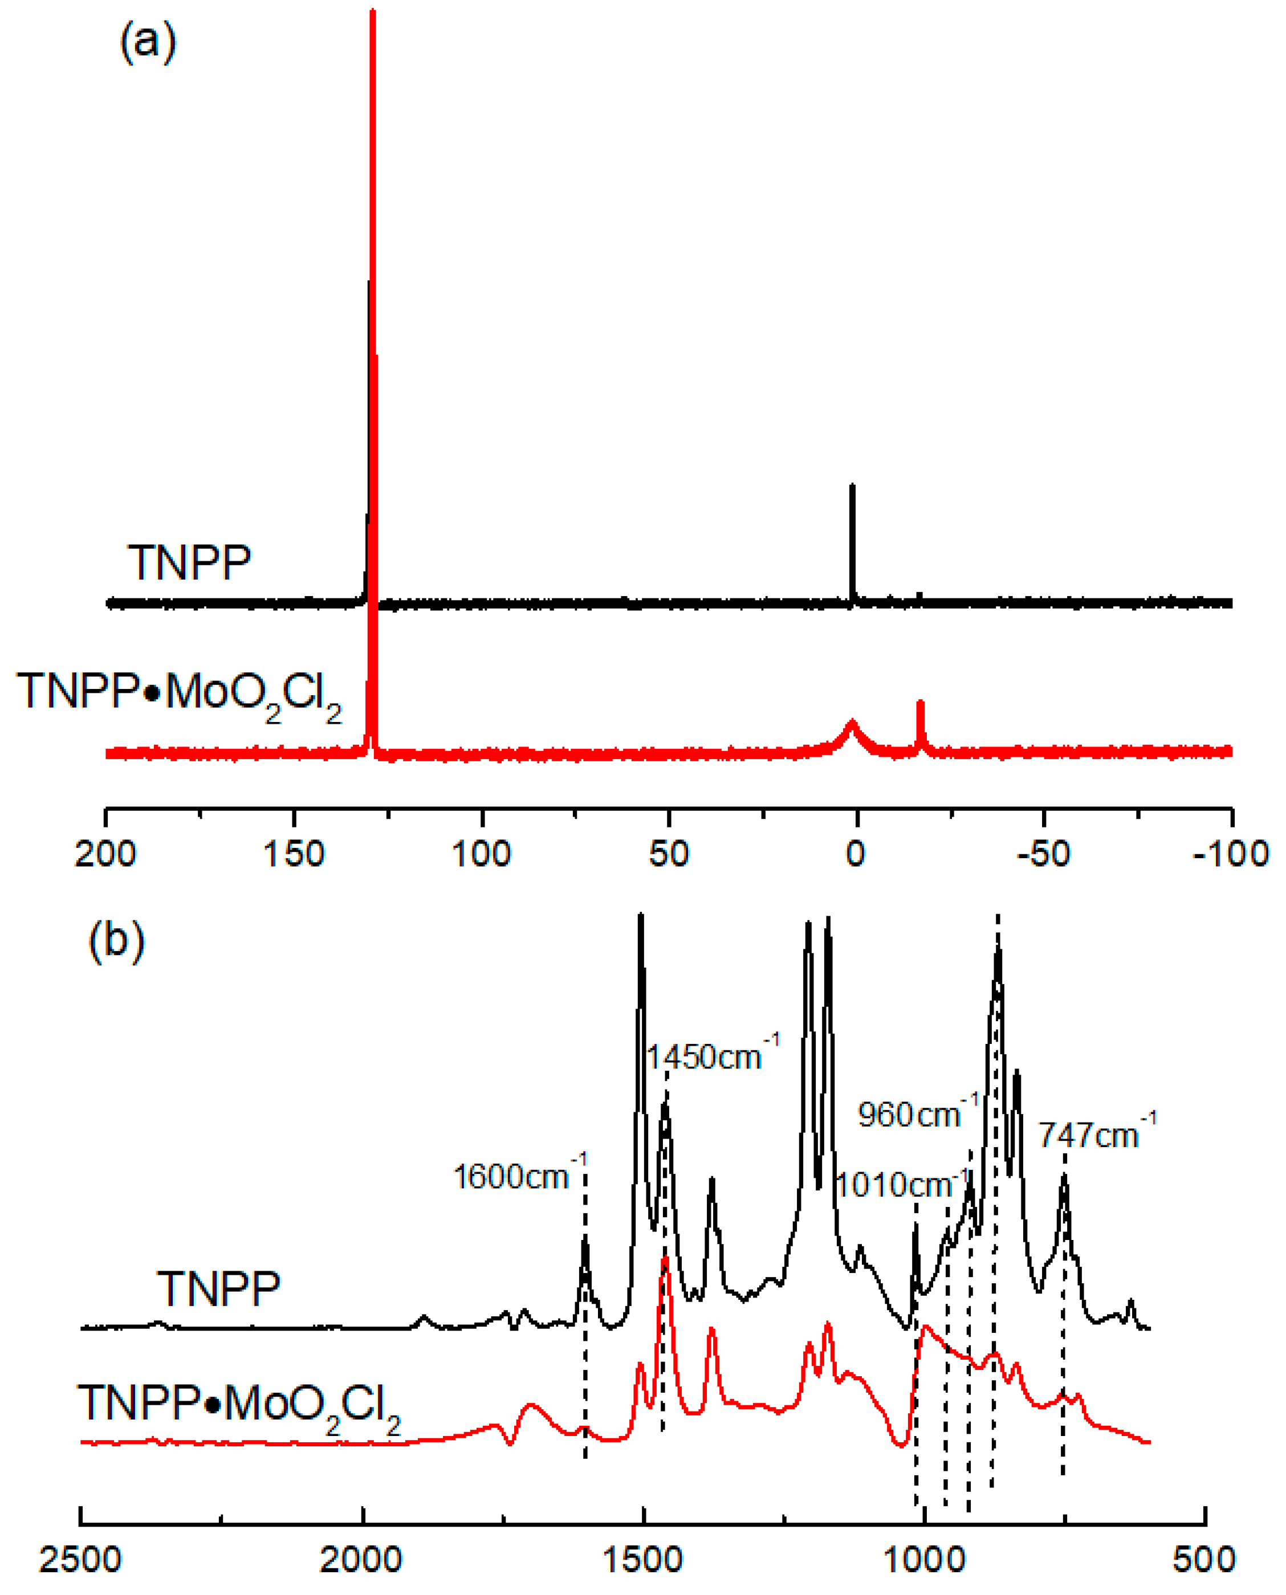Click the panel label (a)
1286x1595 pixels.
pyautogui.click(x=148, y=42)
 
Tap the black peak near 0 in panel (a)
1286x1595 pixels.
pyautogui.click(x=852, y=489)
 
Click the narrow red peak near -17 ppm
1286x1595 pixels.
pyautogui.click(x=921, y=703)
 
